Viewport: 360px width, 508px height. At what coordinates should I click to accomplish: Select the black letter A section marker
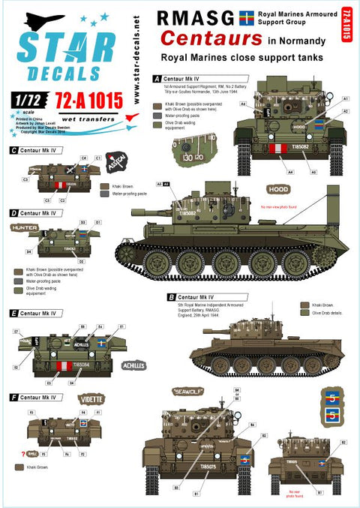pos(156,78)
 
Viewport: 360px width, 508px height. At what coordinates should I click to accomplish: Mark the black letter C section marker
pos(15,151)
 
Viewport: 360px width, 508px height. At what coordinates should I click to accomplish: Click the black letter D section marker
pos(15,213)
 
